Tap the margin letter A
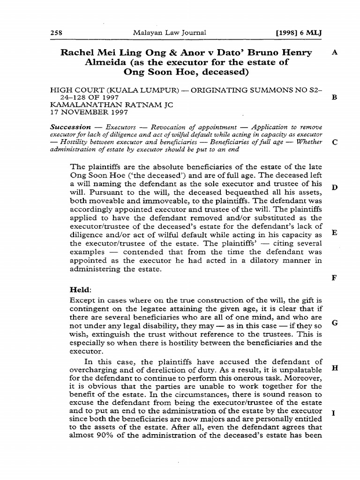click(x=334, y=52)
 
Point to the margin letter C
click(x=334, y=142)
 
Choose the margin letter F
click(x=334, y=278)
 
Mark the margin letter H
click(x=334, y=368)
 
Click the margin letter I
click(x=332, y=413)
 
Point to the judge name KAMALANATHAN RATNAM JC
click(x=112, y=105)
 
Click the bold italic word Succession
click(x=70, y=127)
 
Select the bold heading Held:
click(x=80, y=291)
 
